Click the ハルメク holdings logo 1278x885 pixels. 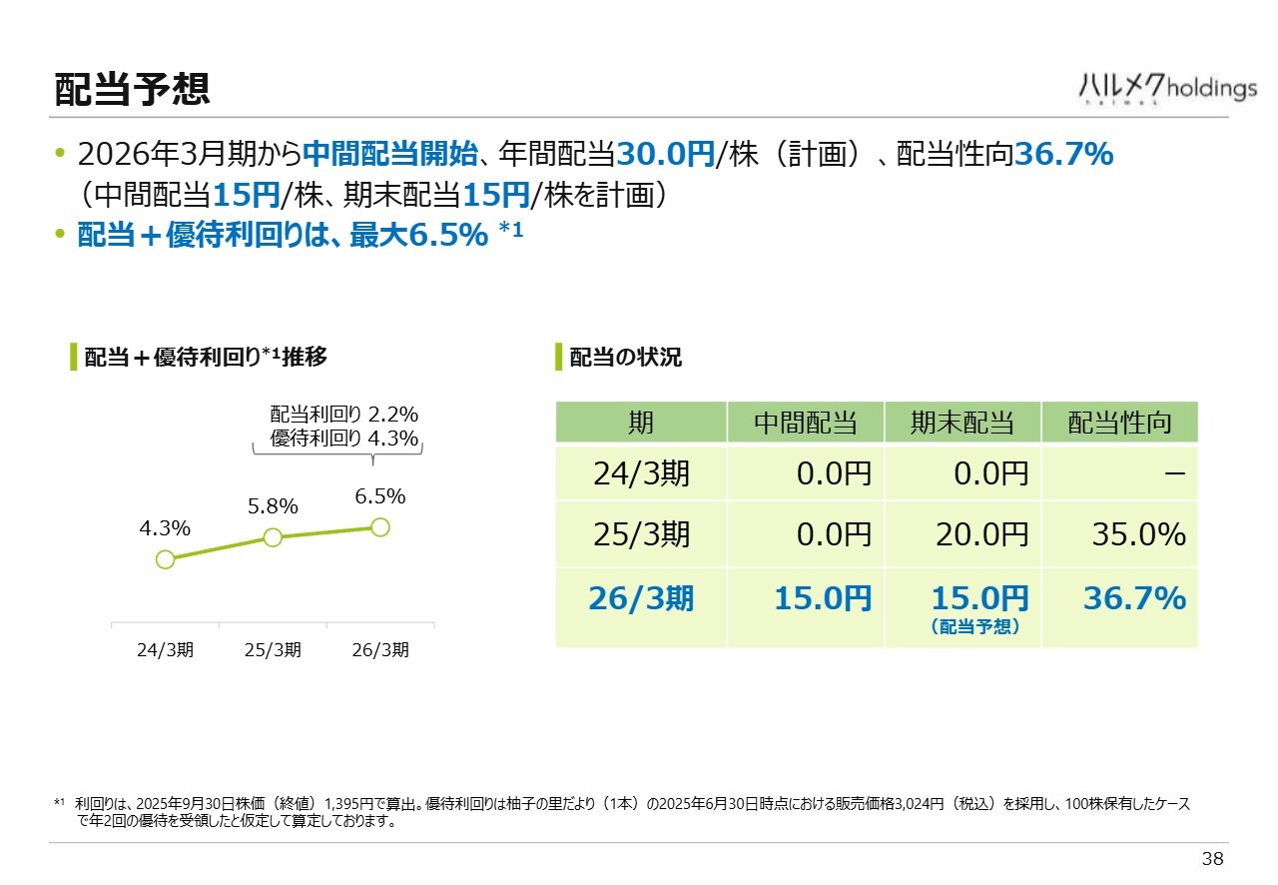coord(1167,89)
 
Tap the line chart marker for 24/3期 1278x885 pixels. coord(166,559)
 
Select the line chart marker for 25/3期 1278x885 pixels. coord(273,537)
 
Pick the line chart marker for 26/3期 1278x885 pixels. coord(379,526)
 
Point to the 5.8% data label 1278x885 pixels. coord(273,506)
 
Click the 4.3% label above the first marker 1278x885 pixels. coord(165,528)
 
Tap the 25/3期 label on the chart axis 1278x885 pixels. coord(273,649)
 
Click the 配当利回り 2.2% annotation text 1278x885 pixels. coord(343,415)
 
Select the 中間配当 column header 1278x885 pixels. coord(805,423)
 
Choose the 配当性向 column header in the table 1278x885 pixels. coord(1119,423)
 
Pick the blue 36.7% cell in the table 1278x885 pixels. coord(1134,598)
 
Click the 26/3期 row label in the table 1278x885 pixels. coord(641,598)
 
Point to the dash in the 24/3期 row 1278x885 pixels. coord(1174,473)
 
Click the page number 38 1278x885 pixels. coord(1212,859)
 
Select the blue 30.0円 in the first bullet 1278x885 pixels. coord(665,154)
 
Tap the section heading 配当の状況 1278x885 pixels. coord(625,357)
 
